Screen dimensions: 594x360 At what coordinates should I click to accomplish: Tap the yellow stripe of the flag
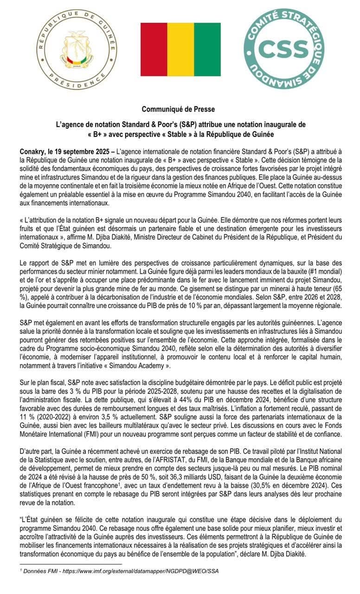(180, 49)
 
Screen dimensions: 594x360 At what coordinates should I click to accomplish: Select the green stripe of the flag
(207, 49)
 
